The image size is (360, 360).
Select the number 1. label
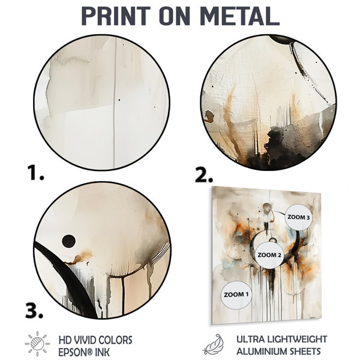coord(35,173)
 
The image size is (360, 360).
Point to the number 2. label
coord(204,175)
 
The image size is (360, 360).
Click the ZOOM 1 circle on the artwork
coord(236,295)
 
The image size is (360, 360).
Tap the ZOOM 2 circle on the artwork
coord(269,255)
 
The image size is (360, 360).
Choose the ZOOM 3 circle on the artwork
coord(298,217)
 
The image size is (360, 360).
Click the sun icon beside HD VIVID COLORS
coord(37,344)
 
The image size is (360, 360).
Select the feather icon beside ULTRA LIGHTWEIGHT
coord(214,344)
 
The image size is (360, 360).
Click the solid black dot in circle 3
coord(68,241)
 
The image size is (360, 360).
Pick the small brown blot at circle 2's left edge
coord(209,115)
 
